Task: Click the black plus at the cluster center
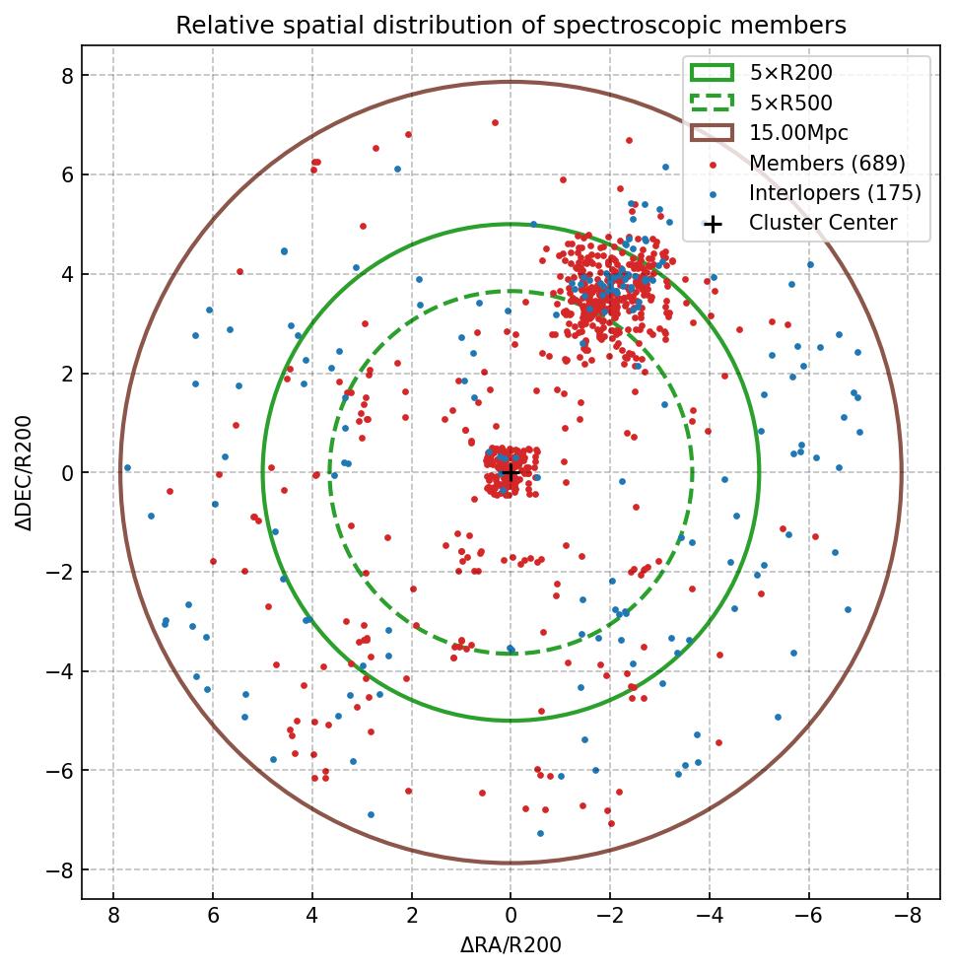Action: click(x=511, y=472)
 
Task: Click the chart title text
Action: click(x=511, y=25)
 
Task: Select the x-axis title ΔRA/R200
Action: click(x=511, y=945)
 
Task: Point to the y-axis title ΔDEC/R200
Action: click(x=26, y=472)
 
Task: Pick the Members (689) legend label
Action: click(x=827, y=163)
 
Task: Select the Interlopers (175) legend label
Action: click(x=835, y=192)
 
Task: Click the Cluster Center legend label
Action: click(x=823, y=223)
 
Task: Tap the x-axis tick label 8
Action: click(x=113, y=917)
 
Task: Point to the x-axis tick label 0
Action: click(x=511, y=917)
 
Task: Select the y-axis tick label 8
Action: click(x=67, y=76)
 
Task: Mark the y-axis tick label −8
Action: click(x=61, y=869)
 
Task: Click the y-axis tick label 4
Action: click(x=67, y=274)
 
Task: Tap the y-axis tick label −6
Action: click(x=61, y=770)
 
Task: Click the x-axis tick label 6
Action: click(x=213, y=917)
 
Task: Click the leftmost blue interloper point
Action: click(x=127, y=467)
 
